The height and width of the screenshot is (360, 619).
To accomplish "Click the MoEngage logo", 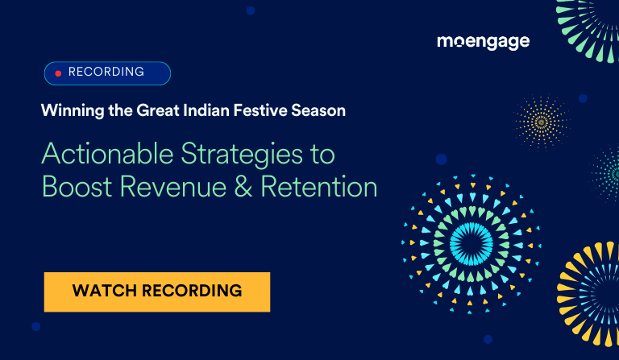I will [x=483, y=41].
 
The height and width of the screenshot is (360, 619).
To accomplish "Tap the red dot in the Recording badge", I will [x=58, y=73].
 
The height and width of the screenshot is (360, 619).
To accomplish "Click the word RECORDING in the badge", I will [x=106, y=72].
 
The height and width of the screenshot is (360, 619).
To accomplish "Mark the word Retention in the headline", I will [x=326, y=187].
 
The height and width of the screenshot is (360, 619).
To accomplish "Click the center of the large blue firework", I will [x=471, y=240].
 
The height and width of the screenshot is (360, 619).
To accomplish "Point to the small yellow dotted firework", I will [x=541, y=122].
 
